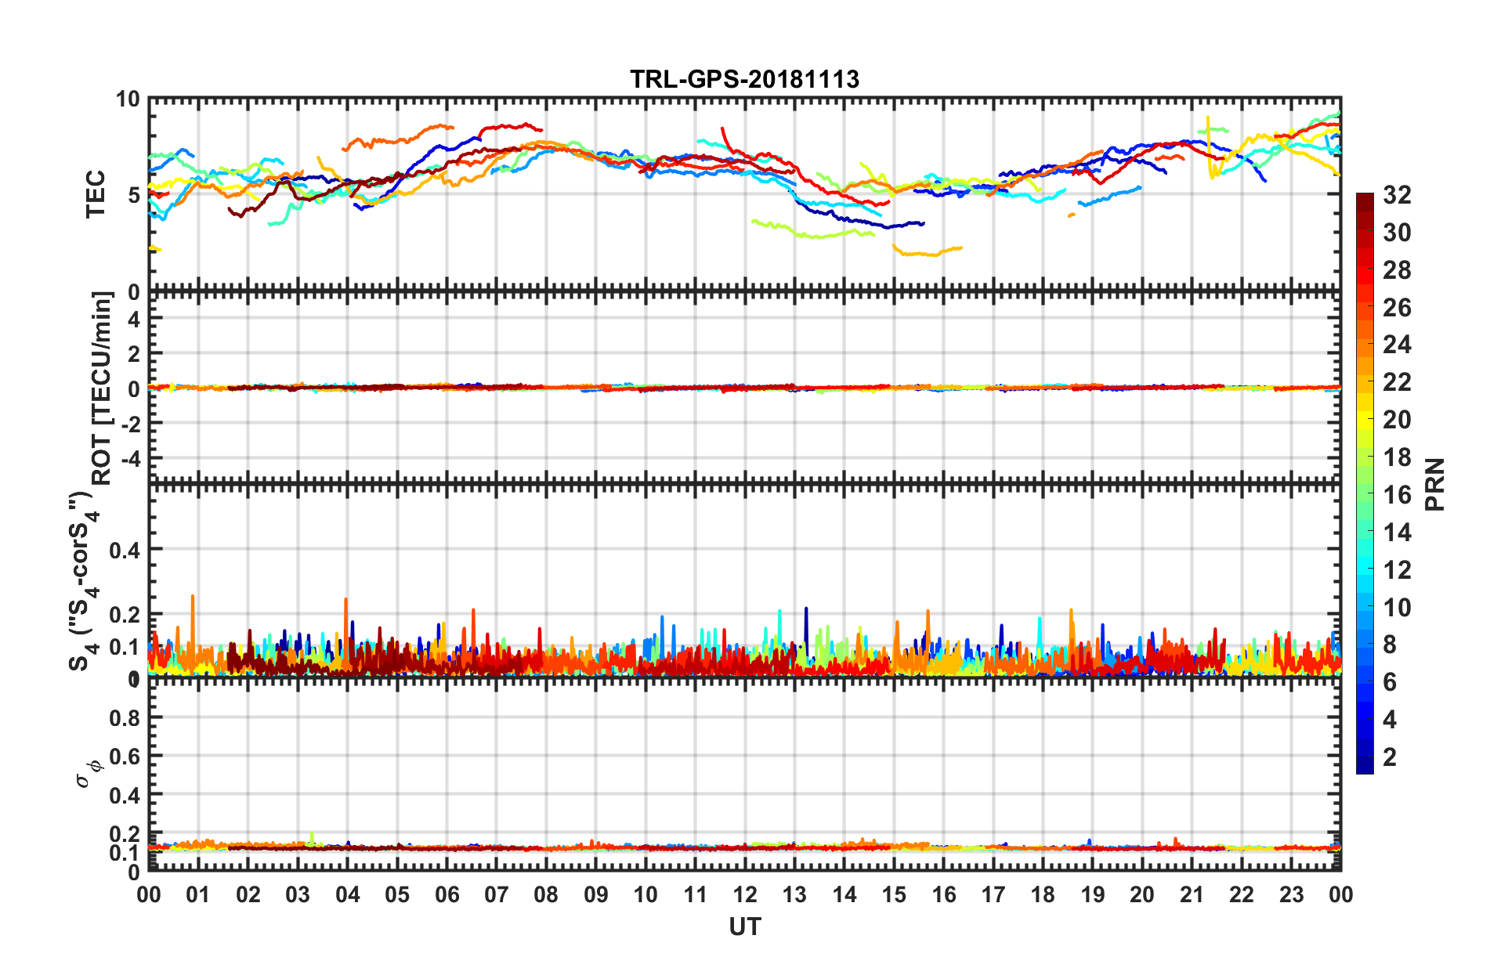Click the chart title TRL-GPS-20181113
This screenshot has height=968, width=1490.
click(744, 79)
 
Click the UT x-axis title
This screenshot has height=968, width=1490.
click(744, 926)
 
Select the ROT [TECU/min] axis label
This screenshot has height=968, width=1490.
click(102, 388)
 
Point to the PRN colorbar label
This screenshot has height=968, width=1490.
click(1435, 484)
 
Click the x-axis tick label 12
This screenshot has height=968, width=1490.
click(745, 894)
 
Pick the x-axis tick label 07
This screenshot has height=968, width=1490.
click(497, 894)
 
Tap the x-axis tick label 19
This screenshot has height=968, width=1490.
click(1093, 894)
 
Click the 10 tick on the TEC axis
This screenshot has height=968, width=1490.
click(128, 99)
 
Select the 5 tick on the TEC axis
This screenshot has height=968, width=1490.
click(133, 194)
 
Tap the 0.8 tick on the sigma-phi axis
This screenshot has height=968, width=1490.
click(125, 717)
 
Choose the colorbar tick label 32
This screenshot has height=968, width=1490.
click(1397, 195)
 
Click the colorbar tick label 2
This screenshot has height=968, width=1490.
click(1390, 757)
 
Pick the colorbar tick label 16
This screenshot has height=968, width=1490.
click(1397, 495)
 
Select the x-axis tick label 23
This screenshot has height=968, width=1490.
click(1292, 894)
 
